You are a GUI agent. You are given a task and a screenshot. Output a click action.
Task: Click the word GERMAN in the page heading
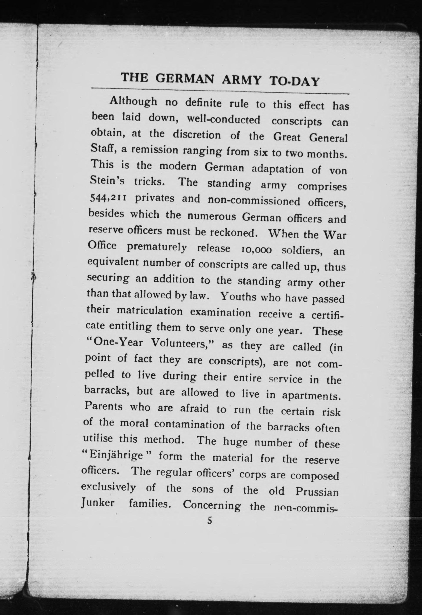point(184,79)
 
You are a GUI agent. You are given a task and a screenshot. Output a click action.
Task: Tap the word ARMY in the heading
point(242,80)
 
